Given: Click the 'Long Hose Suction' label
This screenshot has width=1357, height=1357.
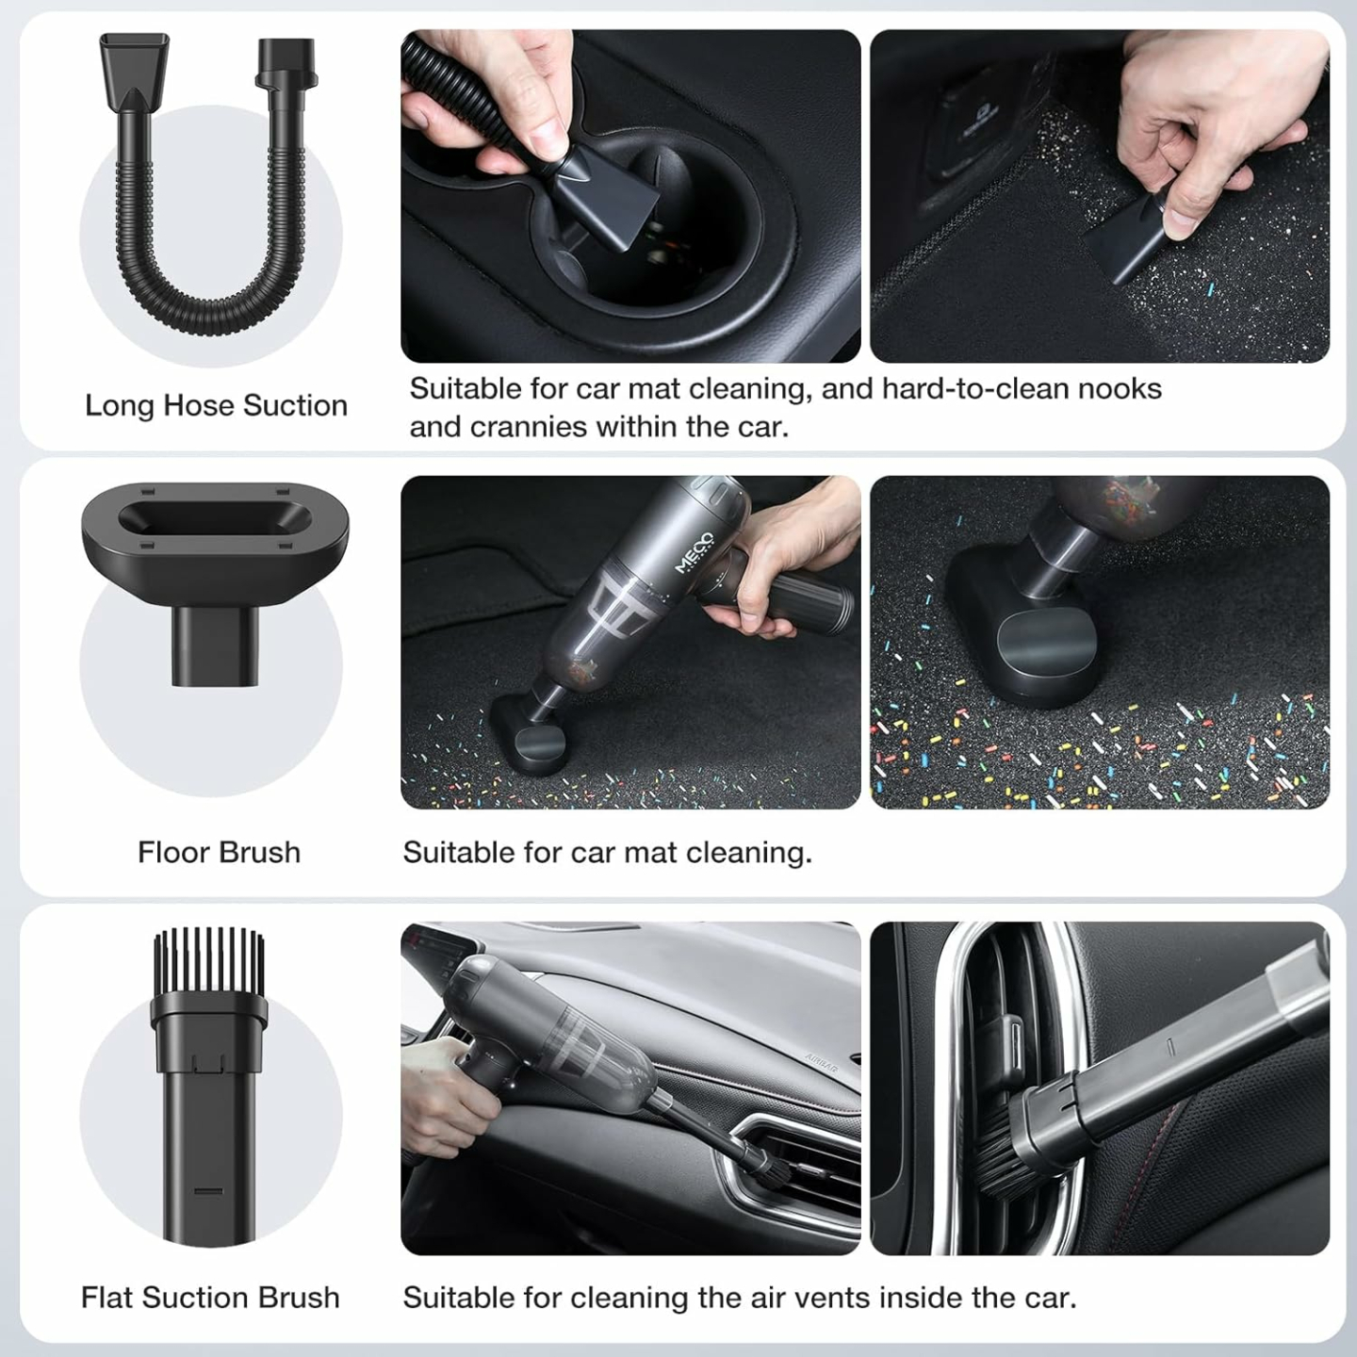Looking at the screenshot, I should coord(216,405).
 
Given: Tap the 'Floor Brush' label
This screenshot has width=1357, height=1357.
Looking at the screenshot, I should coord(219,852).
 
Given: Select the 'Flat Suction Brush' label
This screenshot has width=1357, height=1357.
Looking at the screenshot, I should coord(209,1297).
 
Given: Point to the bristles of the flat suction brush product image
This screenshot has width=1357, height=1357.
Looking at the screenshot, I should coord(209,957).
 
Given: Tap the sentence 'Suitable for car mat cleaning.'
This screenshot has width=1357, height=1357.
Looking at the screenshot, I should coord(607,852).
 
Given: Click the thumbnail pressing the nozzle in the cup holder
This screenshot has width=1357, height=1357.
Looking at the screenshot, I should coord(629,196).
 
